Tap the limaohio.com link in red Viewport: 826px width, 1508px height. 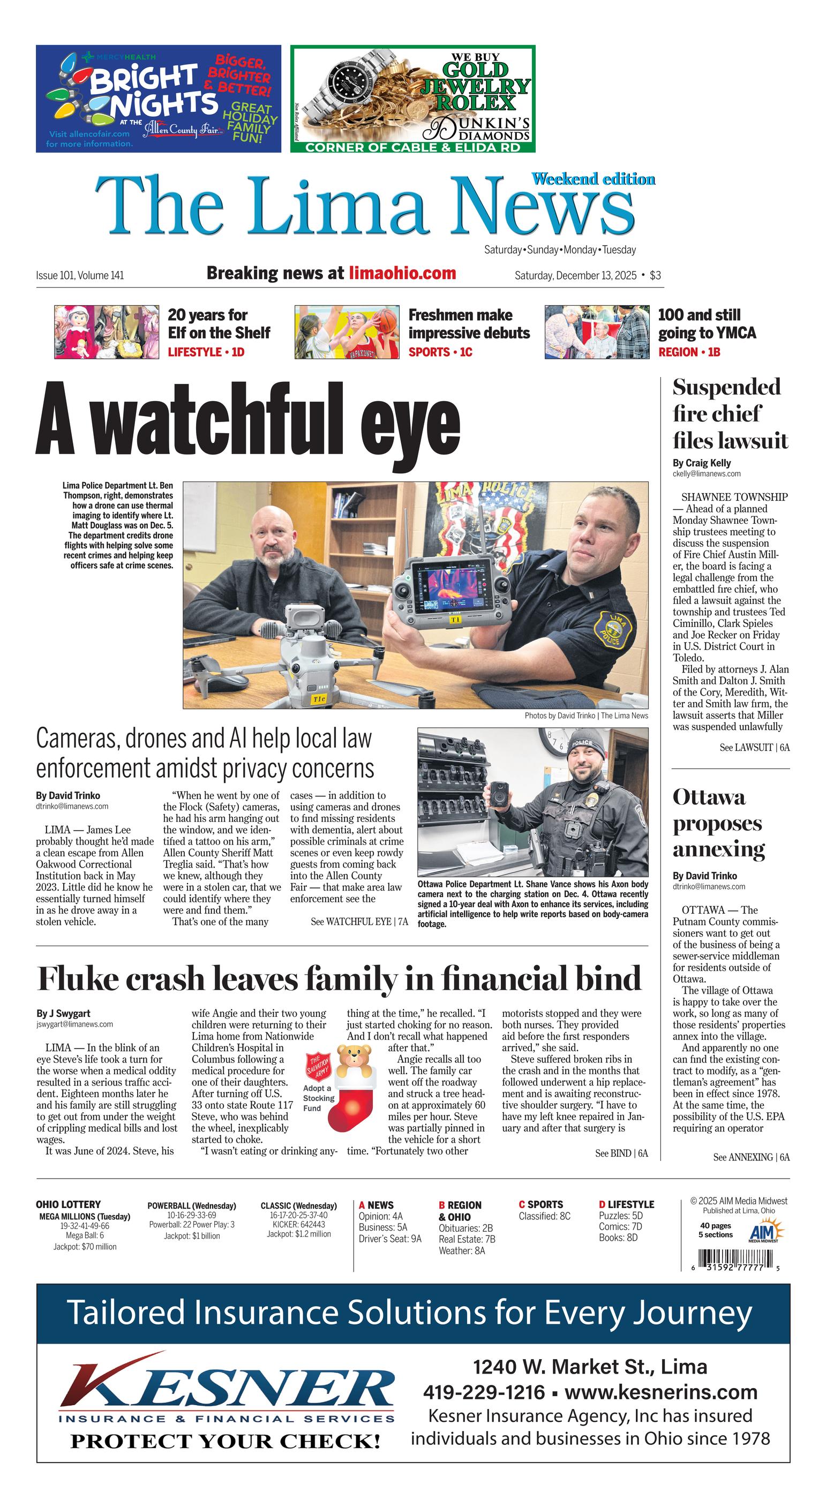tap(402, 273)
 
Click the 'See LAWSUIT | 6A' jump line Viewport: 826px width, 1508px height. tap(754, 748)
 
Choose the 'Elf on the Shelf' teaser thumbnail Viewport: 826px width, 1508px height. tap(106, 332)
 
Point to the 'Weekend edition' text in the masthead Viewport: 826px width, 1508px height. tap(592, 179)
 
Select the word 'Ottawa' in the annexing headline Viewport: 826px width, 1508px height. tap(709, 797)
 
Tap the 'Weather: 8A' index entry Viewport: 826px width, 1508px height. tap(461, 1251)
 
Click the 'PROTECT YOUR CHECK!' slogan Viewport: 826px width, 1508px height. tap(226, 1441)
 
